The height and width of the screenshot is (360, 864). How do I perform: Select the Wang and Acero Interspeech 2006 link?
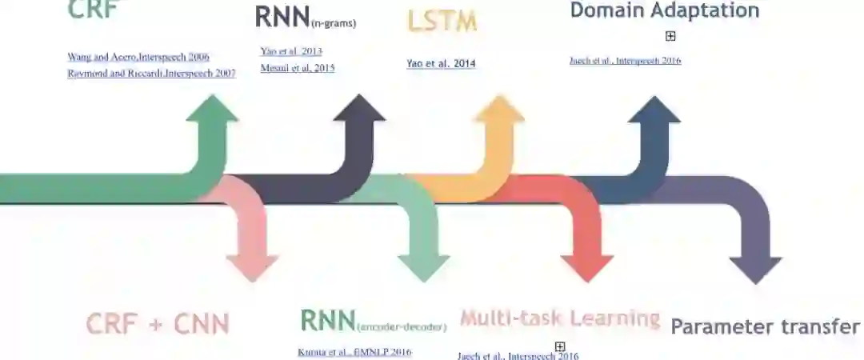pos(138,57)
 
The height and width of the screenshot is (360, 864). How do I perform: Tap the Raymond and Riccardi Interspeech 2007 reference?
pos(151,74)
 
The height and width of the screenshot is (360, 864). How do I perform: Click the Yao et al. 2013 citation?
pos(291,51)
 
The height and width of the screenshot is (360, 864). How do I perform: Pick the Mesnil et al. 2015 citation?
pos(298,68)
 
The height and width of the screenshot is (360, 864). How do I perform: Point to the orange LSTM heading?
pos(442,22)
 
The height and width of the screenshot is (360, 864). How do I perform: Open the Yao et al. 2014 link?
pos(441,64)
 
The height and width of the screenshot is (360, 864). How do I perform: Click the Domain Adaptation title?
pos(664,10)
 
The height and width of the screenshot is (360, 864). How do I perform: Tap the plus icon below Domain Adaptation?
pos(670,36)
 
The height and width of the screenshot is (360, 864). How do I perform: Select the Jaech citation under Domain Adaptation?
pos(625,61)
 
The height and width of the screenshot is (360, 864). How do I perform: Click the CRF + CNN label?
pos(158,324)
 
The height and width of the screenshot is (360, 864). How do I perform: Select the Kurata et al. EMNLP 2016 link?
pos(354,352)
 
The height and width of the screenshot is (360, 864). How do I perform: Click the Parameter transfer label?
pos(765,326)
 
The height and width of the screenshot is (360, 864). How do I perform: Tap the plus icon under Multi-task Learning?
pos(560,346)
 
